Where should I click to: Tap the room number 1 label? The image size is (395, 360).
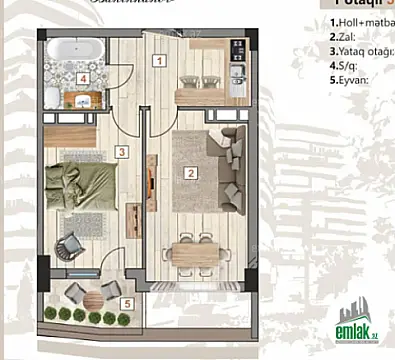tap(158, 60)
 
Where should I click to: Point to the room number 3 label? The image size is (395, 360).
tap(120, 153)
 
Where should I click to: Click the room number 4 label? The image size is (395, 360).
tap(84, 78)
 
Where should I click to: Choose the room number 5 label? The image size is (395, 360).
tap(126, 303)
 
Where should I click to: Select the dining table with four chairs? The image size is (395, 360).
tap(192, 250)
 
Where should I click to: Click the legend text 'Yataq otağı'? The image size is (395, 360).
tap(362, 48)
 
